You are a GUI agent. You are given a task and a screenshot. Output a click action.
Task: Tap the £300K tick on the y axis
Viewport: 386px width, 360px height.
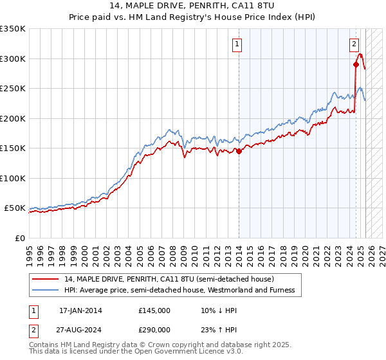point(13,59)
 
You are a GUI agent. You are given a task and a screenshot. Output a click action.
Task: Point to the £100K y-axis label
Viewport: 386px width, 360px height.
point(13,178)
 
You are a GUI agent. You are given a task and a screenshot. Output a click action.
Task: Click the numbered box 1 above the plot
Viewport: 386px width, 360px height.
point(238,44)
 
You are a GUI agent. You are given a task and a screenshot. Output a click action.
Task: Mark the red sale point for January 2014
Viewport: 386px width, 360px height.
point(239,152)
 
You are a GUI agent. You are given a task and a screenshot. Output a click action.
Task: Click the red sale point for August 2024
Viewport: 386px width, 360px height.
point(356,64)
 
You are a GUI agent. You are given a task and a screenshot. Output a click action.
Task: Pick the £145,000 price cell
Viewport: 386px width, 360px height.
point(154,310)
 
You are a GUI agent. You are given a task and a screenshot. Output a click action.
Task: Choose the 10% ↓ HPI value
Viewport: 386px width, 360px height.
point(218,310)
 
